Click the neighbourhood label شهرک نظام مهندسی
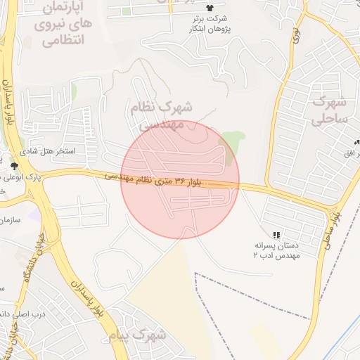161,115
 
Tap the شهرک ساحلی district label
330,109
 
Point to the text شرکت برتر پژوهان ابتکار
209,26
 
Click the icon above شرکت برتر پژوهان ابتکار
209,8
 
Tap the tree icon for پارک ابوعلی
15,165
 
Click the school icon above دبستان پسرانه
276,233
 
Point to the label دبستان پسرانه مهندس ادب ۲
276,251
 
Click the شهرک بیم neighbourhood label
138,335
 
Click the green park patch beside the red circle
232,145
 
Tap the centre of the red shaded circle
181,179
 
